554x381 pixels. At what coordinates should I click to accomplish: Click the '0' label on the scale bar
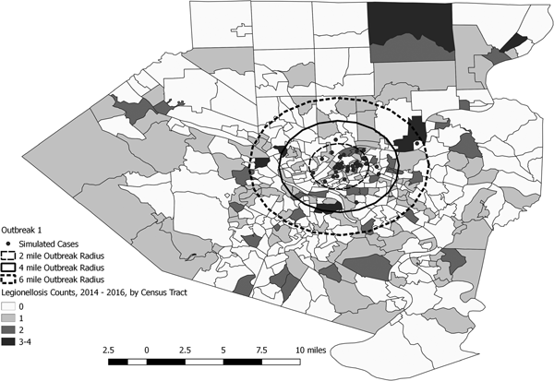[x=147, y=351]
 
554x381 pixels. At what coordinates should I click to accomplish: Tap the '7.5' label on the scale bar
[x=261, y=351]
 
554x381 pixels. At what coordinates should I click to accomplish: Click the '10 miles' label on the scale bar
[x=313, y=351]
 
